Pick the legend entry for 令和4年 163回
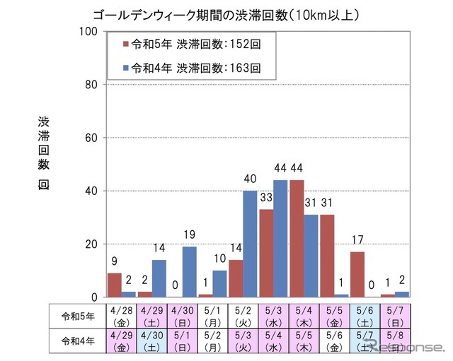tap(193, 69)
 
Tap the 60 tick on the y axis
tap(90, 138)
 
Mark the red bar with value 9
tap(114, 285)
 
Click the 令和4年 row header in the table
tap(74, 341)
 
